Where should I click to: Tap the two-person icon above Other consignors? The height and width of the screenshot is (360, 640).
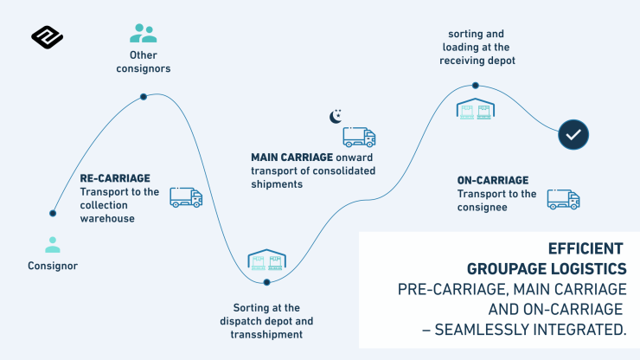(x=143, y=33)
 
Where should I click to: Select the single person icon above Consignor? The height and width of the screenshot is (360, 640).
(x=53, y=245)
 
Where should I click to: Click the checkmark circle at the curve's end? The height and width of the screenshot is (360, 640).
(x=573, y=134)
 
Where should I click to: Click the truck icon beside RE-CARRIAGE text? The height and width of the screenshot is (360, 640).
(x=186, y=197)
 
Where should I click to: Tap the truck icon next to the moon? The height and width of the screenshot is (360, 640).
(x=359, y=137)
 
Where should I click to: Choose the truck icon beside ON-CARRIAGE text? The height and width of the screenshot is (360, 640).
(x=563, y=199)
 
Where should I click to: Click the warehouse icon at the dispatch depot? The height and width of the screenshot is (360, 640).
(x=266, y=260)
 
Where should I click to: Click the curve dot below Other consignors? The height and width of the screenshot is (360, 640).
(x=144, y=97)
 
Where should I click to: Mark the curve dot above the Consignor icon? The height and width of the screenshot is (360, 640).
(x=53, y=213)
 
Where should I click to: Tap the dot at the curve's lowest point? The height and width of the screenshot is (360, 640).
(x=266, y=282)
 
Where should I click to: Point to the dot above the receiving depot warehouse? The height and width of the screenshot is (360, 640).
(x=476, y=86)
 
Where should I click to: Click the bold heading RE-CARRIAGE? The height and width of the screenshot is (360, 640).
(x=116, y=179)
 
